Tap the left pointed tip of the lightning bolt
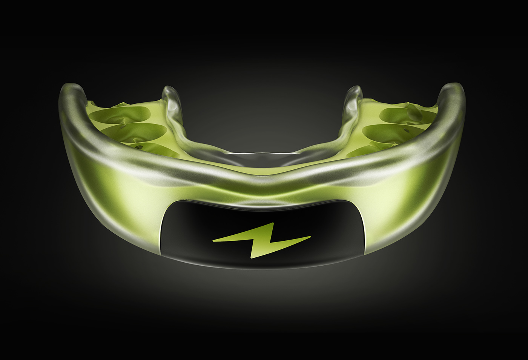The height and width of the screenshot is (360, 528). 213,240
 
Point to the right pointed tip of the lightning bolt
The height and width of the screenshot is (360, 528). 310,237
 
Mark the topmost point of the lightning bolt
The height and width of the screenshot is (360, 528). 272,223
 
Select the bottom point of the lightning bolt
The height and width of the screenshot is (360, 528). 251,258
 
